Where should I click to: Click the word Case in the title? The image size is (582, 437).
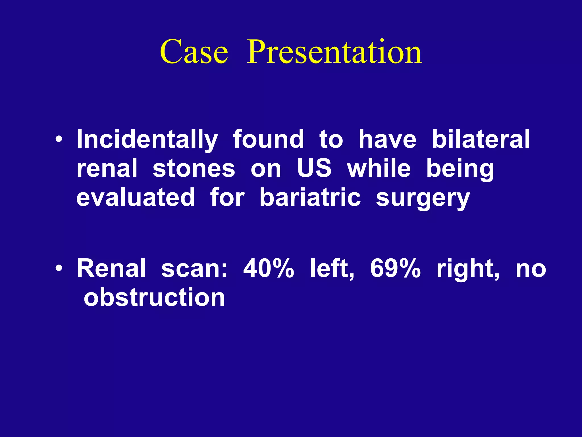click(x=194, y=52)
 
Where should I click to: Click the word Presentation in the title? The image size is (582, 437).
click(x=334, y=52)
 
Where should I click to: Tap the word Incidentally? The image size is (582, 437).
click(x=147, y=139)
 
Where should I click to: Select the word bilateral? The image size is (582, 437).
click(x=481, y=139)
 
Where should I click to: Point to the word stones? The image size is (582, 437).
click(x=194, y=169)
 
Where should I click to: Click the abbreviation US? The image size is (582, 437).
click(x=314, y=168)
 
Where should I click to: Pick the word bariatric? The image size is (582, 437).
click(x=310, y=197)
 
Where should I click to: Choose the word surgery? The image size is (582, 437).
click(x=423, y=199)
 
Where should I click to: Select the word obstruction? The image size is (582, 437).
click(x=154, y=298)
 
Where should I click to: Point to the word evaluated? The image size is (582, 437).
click(x=136, y=197)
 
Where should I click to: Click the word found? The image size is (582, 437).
click(x=269, y=139)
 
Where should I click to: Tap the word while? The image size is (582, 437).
click(x=379, y=168)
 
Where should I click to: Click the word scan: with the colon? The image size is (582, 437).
click(x=194, y=269)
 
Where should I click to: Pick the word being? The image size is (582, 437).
click(x=460, y=169)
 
